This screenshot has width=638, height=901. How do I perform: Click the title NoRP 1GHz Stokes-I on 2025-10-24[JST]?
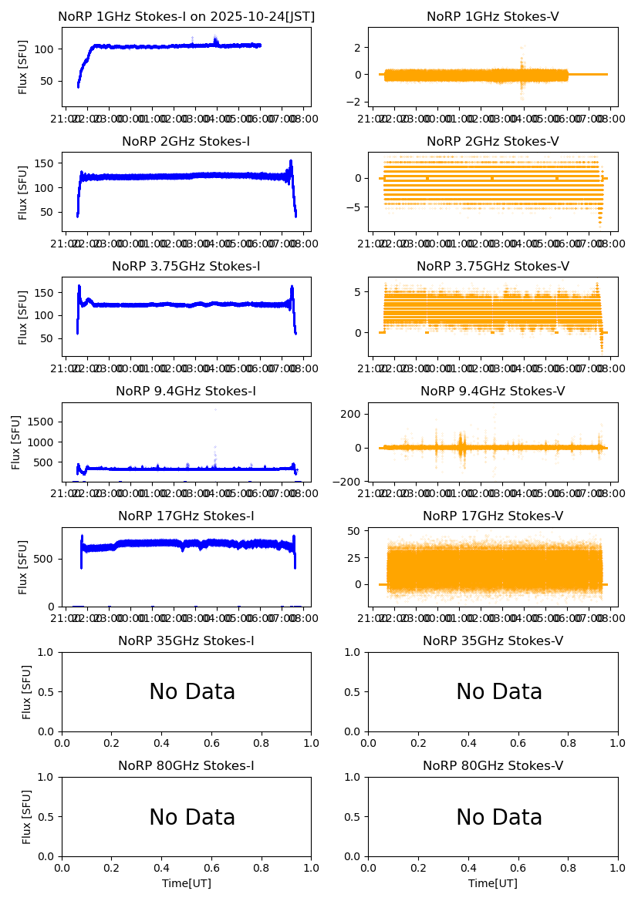pos(186,16)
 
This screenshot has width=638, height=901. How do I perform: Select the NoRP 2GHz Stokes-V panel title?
pos(492,141)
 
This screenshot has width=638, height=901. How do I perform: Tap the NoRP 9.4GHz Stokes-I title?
pos(186,391)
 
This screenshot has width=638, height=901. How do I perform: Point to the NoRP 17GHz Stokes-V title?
pos(492,516)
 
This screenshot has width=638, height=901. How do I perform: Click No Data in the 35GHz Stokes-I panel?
pos(192,692)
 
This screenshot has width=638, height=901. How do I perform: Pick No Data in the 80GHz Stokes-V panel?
pos(499,817)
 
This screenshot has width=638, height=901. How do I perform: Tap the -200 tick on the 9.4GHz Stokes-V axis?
pos(349,482)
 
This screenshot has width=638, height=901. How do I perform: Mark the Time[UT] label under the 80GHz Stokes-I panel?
pos(186,883)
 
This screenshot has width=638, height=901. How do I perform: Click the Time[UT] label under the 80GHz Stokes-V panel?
pos(492,883)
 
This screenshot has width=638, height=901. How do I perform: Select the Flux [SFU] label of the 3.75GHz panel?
pos(23,317)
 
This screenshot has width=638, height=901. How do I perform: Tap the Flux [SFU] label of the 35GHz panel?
pos(26,691)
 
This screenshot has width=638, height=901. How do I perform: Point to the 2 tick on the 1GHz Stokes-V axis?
pos(358,48)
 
